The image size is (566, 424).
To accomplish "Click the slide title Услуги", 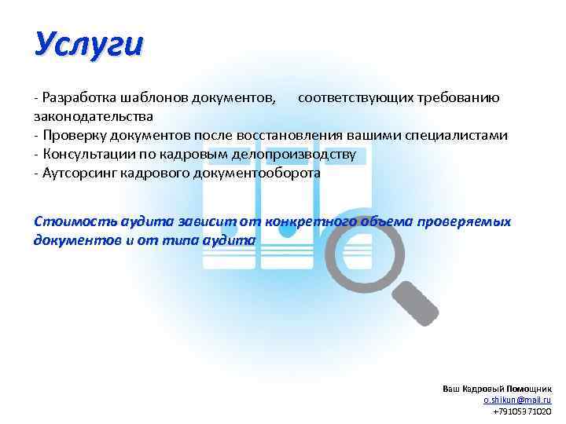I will click(x=88, y=44).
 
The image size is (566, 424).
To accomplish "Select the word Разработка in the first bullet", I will click(x=79, y=98).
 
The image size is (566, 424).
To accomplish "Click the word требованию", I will click(x=451, y=98).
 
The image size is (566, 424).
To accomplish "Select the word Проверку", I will click(x=73, y=135).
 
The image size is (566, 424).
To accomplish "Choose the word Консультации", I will click(x=88, y=154).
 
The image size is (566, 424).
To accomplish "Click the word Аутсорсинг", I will click(x=80, y=173).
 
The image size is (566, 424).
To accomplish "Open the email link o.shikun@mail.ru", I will click(x=516, y=400).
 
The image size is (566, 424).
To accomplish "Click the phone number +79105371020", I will click(x=521, y=411).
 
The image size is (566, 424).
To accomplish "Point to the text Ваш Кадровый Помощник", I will click(x=496, y=389).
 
